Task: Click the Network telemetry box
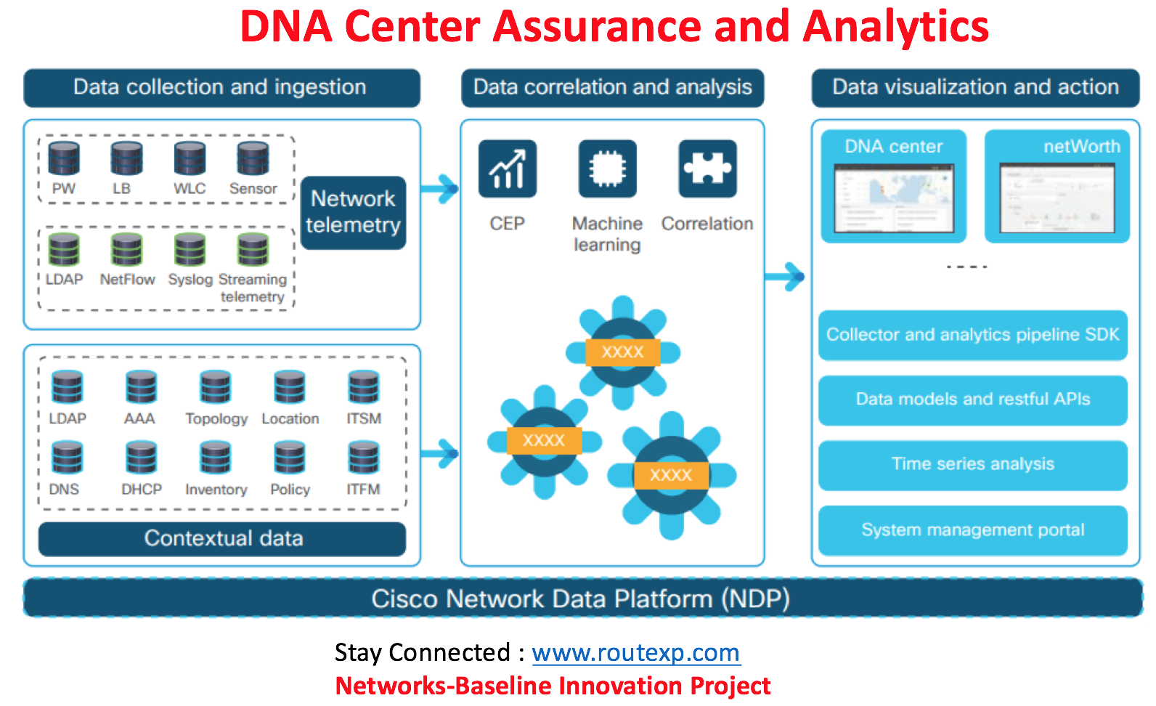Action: (353, 212)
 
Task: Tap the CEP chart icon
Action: (507, 169)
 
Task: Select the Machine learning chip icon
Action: (607, 169)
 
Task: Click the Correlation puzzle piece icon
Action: (707, 169)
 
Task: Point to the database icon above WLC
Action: (190, 158)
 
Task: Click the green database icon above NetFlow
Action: (127, 249)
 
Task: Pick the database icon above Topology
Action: (216, 387)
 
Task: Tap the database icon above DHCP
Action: (141, 458)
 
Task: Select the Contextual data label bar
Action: (222, 538)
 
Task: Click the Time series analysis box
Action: (972, 464)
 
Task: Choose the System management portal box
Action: (972, 529)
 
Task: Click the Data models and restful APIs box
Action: (972, 399)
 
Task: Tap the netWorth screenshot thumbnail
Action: (1057, 198)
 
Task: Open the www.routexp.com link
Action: (635, 652)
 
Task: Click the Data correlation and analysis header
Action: (612, 87)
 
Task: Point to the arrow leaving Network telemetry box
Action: (439, 190)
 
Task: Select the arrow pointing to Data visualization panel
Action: (785, 276)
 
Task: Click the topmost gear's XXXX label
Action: (622, 352)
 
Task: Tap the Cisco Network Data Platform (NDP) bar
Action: (581, 599)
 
